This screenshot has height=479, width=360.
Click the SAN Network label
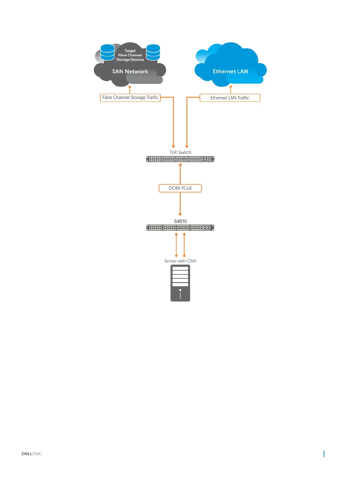(x=130, y=72)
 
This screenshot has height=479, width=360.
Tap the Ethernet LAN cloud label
(x=230, y=72)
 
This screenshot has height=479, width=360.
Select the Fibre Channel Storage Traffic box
(x=130, y=98)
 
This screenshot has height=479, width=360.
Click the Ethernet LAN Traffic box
(x=230, y=98)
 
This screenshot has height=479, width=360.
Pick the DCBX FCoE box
(x=180, y=188)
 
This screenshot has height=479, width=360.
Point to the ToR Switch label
(x=180, y=152)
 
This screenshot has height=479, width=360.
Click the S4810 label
(x=180, y=221)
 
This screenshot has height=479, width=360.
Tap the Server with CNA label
(x=180, y=261)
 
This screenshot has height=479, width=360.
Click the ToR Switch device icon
(x=180, y=159)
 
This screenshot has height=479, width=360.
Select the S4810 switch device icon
(x=180, y=228)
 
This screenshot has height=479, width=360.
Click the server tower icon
(x=180, y=283)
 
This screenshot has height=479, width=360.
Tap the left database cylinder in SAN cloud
(x=107, y=52)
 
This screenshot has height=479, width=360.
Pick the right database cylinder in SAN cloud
(x=153, y=52)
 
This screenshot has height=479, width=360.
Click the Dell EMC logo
(x=31, y=454)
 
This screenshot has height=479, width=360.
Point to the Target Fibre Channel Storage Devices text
(x=130, y=55)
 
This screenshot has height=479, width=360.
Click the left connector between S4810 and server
(x=176, y=245)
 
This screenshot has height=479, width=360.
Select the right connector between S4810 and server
(x=184, y=245)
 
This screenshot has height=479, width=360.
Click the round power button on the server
(x=180, y=290)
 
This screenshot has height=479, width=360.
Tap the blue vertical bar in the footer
(x=324, y=454)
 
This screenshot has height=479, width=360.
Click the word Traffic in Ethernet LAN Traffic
(x=243, y=98)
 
